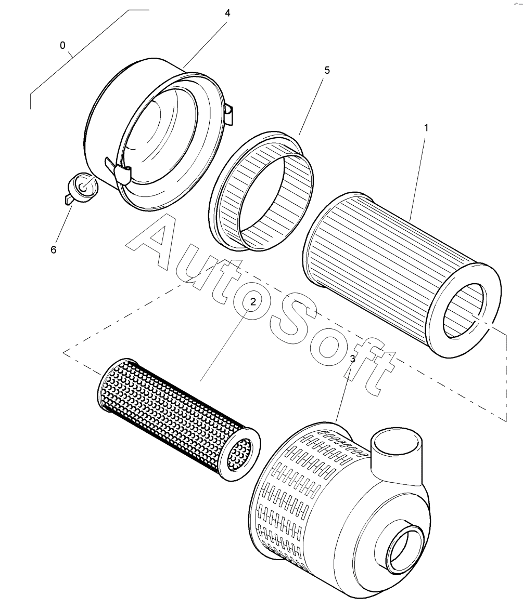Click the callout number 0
click(62, 45)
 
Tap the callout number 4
click(227, 13)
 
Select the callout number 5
click(327, 70)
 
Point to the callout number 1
click(426, 128)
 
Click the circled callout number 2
click(253, 302)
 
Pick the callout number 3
click(353, 359)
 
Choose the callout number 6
click(53, 250)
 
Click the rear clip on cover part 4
click(229, 113)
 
